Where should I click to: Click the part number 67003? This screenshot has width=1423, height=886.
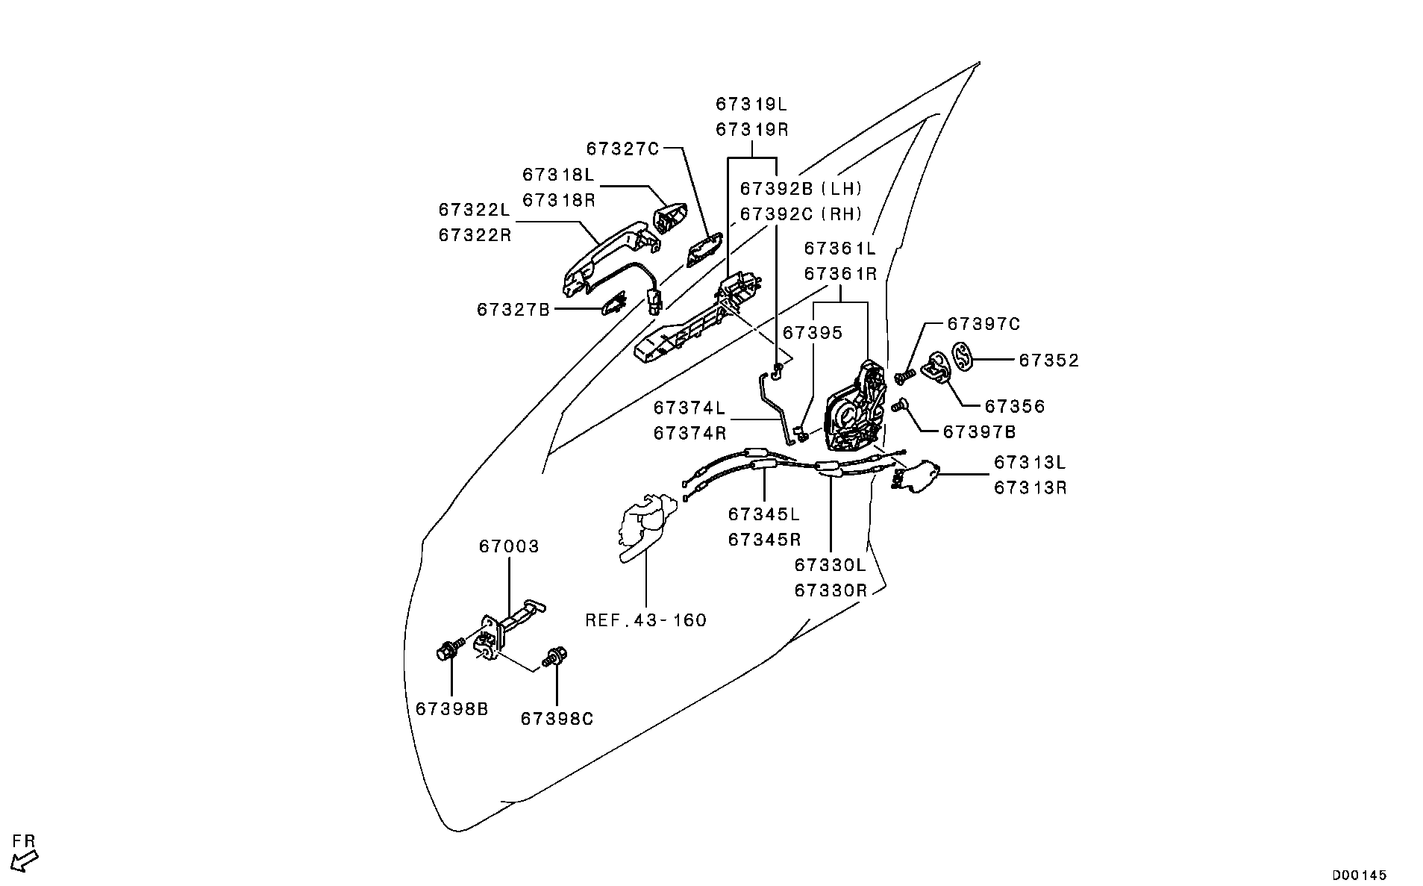(x=508, y=546)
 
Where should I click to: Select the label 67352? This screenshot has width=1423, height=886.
(x=1048, y=361)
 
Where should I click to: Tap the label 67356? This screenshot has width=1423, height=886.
(x=1015, y=407)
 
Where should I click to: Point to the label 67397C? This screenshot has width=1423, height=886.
(x=983, y=324)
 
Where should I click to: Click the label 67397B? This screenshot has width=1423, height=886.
(x=979, y=432)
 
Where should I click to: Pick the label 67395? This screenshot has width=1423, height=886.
(x=813, y=332)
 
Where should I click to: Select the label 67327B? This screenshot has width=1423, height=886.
(x=513, y=309)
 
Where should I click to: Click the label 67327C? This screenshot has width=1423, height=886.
(x=623, y=149)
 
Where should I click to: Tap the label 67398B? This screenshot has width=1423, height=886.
(x=452, y=709)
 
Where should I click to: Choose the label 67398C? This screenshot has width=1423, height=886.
(x=557, y=719)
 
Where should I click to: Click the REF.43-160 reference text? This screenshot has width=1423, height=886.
(x=645, y=620)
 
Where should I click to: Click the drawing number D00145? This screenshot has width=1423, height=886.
(x=1359, y=875)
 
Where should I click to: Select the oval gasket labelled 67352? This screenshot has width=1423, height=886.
(x=964, y=355)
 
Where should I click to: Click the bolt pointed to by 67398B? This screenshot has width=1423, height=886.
(x=446, y=652)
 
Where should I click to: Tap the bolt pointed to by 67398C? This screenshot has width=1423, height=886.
(x=554, y=659)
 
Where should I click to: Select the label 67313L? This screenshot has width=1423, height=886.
(x=1030, y=463)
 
